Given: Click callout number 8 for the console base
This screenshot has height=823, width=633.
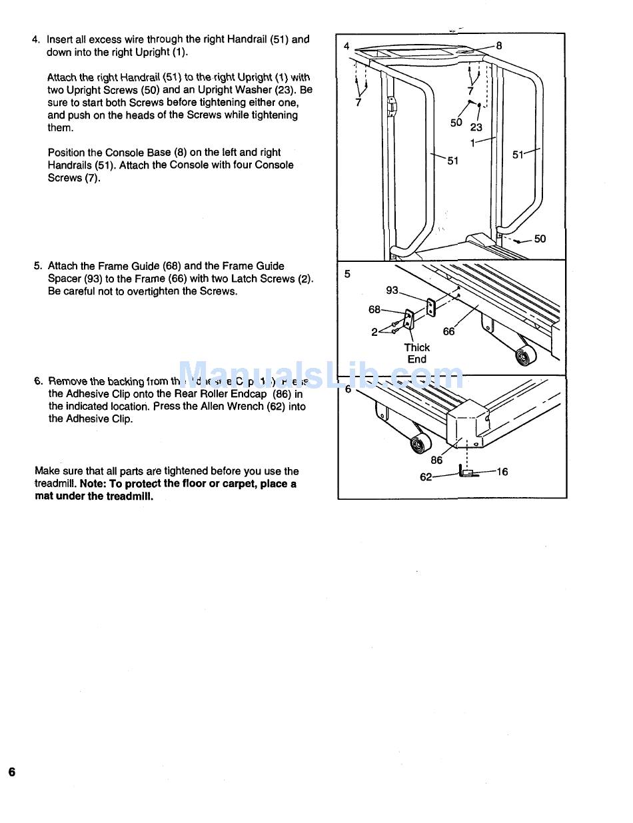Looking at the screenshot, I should (x=499, y=45).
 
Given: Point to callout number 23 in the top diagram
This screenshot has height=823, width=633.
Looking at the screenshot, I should (x=476, y=127).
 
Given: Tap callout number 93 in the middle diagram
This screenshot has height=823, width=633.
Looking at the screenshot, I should (x=392, y=290).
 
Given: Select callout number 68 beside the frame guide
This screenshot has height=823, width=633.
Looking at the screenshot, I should (x=374, y=309).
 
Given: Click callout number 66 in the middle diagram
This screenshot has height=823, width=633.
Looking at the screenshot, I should (x=449, y=331).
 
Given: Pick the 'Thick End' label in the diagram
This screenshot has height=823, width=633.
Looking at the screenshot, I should (x=417, y=353).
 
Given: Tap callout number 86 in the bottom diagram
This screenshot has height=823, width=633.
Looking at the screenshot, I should (x=436, y=460).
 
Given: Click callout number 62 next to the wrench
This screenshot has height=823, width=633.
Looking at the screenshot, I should (x=426, y=477).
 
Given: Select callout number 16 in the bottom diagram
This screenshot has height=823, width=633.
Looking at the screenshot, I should (x=502, y=472).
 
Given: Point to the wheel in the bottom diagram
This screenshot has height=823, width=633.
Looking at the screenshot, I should (x=420, y=442).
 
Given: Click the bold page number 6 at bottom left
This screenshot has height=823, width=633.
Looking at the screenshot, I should (x=12, y=772).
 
